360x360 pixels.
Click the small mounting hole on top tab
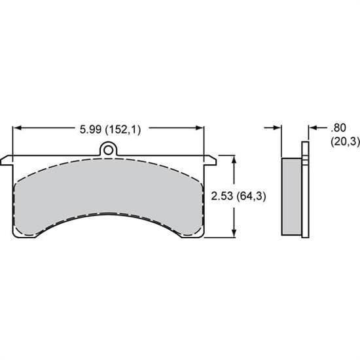[109, 150]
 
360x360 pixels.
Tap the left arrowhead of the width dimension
[16, 129]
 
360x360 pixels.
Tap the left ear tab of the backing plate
[8, 159]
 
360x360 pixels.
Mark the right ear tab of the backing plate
[210, 159]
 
